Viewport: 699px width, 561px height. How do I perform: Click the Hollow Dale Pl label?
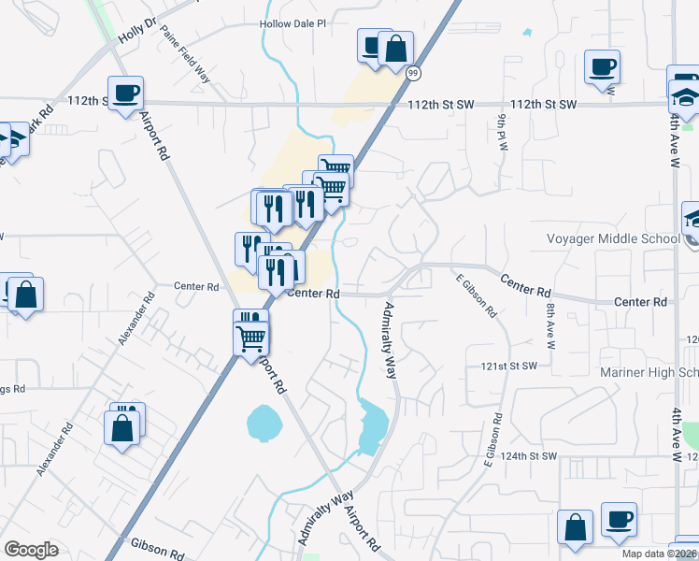294,26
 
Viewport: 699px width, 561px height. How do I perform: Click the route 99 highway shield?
414,72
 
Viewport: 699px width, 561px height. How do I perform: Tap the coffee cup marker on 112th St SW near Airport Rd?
125,93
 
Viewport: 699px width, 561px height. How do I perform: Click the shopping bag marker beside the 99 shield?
395,49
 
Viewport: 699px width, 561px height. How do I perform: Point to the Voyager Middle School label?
613,238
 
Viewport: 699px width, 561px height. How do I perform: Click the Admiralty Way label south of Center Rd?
391,338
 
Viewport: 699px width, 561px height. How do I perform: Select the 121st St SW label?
509,366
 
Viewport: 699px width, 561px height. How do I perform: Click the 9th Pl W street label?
502,133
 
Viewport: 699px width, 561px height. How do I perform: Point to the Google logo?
31,550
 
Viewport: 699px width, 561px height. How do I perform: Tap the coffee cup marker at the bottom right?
618,520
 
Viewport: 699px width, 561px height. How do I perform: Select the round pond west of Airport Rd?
264,423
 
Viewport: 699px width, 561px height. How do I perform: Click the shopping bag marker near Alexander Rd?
121,428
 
